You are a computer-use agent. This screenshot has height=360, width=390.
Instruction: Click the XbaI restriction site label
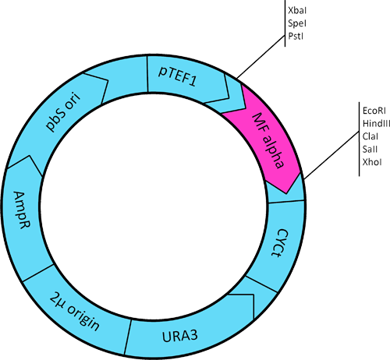click(x=295, y=9)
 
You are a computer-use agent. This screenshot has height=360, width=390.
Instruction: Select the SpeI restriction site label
click(x=295, y=26)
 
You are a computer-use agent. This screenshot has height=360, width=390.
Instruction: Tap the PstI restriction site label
click(x=294, y=35)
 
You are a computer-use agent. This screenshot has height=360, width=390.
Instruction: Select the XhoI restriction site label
click(x=369, y=161)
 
